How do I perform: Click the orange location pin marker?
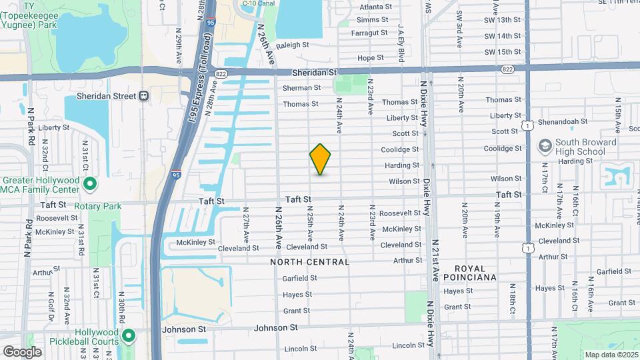click(x=321, y=159)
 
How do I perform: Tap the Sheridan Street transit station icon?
click(x=143, y=96)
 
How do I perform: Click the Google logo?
click(x=22, y=351)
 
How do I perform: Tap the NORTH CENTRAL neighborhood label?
click(x=310, y=262)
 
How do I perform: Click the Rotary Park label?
click(x=98, y=207)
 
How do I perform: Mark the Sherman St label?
click(x=301, y=88)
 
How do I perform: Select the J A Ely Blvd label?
click(x=401, y=47)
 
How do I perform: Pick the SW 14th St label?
click(x=503, y=36)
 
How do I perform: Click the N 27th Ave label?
click(x=246, y=226)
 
